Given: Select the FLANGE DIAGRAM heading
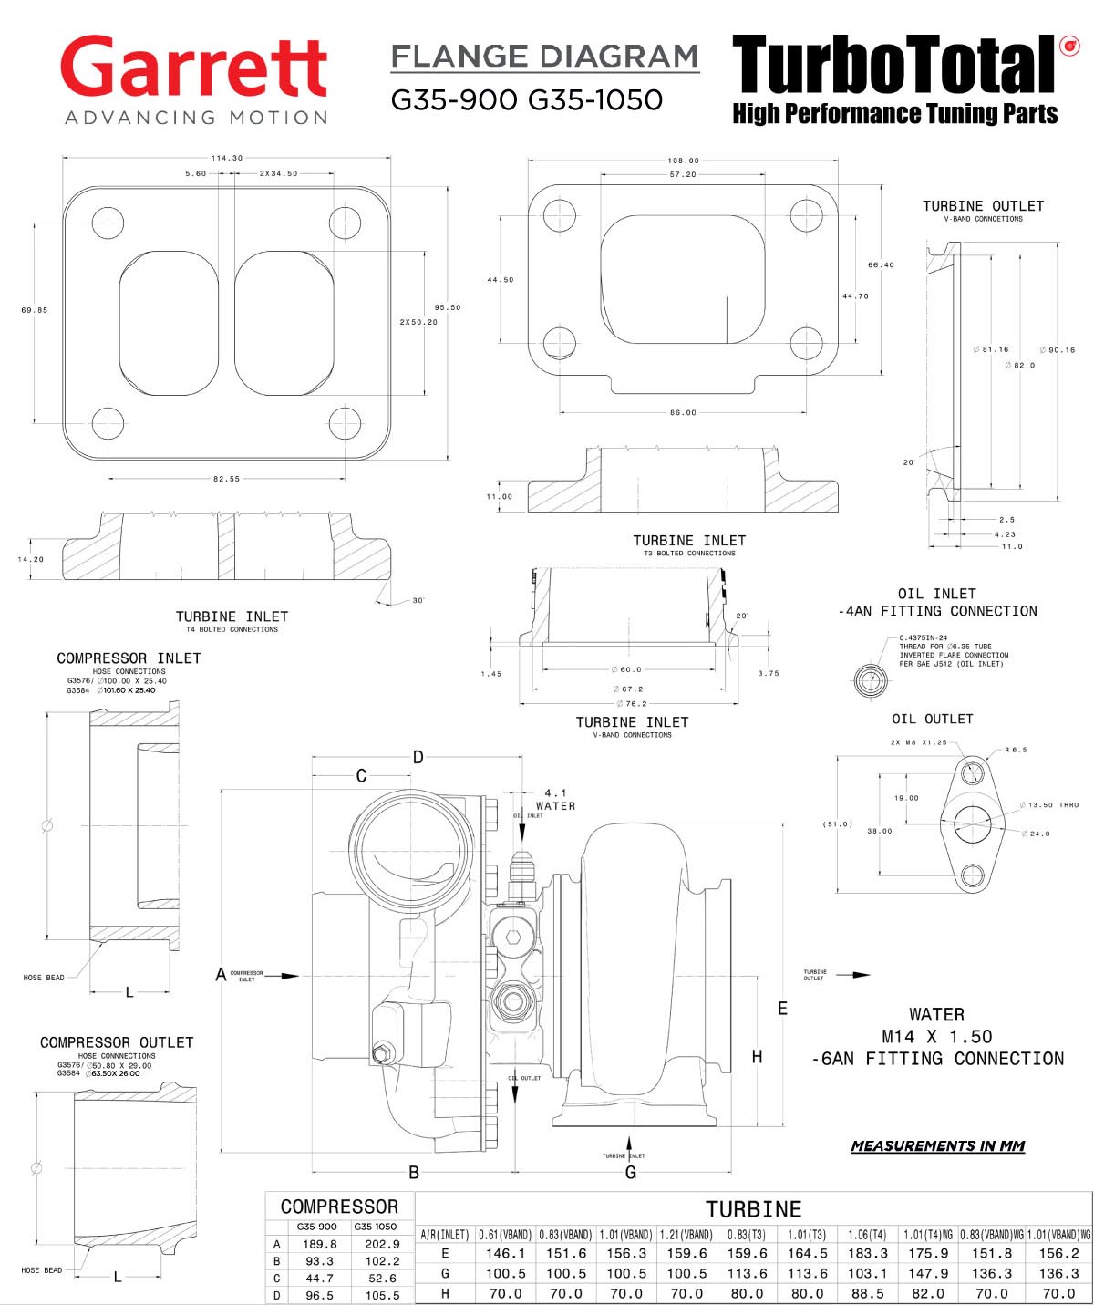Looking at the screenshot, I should [544, 57].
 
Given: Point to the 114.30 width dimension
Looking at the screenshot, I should [227, 158].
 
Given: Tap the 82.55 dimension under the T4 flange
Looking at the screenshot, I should [227, 479].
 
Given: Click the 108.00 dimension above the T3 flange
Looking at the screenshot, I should [683, 161].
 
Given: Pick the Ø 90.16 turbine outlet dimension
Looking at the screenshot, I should [1058, 349].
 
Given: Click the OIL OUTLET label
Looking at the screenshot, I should [932, 719].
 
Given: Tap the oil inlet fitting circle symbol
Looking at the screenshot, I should [871, 680].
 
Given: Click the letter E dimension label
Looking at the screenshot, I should [782, 1009].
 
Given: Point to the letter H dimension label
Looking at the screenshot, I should [757, 1057].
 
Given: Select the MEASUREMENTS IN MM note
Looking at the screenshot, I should [937, 1146].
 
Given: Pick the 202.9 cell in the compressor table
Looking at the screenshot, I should [382, 1244].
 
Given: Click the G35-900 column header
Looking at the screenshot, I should [316, 1227].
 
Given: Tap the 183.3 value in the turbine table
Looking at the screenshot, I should [867, 1254].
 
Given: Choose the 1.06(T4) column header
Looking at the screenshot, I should [867, 1235].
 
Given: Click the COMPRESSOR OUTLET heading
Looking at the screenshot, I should [117, 1042].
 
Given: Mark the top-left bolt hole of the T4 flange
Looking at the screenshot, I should [108, 222].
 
